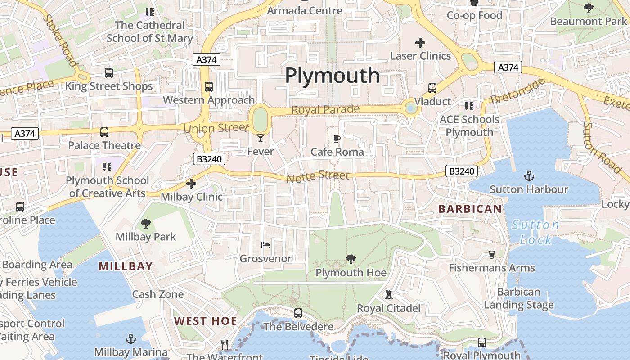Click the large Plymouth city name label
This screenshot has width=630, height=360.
(333, 75)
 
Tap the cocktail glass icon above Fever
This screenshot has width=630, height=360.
(261, 138)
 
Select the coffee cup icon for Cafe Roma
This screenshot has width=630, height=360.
(337, 139)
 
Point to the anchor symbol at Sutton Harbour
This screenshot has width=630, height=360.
(529, 176)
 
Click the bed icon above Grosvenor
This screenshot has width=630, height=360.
(265, 245)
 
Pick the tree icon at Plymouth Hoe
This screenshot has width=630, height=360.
(351, 259)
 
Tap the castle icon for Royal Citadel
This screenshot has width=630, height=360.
(389, 295)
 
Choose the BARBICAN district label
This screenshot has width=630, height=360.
(470, 209)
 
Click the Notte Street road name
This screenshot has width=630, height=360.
(318, 176)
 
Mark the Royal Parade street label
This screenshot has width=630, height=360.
(325, 109)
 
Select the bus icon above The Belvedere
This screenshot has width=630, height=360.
(298, 313)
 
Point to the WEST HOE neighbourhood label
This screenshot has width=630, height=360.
(206, 321)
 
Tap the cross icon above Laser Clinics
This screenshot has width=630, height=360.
(420, 43)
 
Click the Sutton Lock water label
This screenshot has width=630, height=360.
(535, 232)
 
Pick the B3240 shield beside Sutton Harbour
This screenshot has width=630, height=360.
(462, 171)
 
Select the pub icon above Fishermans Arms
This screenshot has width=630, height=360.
(491, 255)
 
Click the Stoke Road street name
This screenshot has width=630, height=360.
(60, 40)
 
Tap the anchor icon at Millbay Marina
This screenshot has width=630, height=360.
(131, 338)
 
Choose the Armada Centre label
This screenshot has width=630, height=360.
(305, 10)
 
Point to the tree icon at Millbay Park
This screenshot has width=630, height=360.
(145, 223)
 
